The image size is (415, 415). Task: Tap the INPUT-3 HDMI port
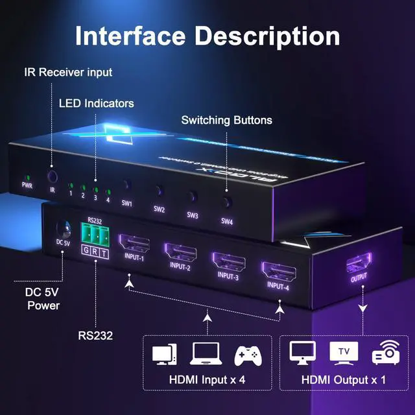(x=228, y=258)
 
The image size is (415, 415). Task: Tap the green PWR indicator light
(x=27, y=176)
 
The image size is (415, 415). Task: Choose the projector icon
(x=383, y=353)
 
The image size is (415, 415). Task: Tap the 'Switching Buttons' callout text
(x=226, y=120)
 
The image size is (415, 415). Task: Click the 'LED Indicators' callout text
(x=97, y=103)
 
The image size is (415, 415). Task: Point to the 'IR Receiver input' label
(x=68, y=72)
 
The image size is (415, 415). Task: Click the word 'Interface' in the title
(x=130, y=35)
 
